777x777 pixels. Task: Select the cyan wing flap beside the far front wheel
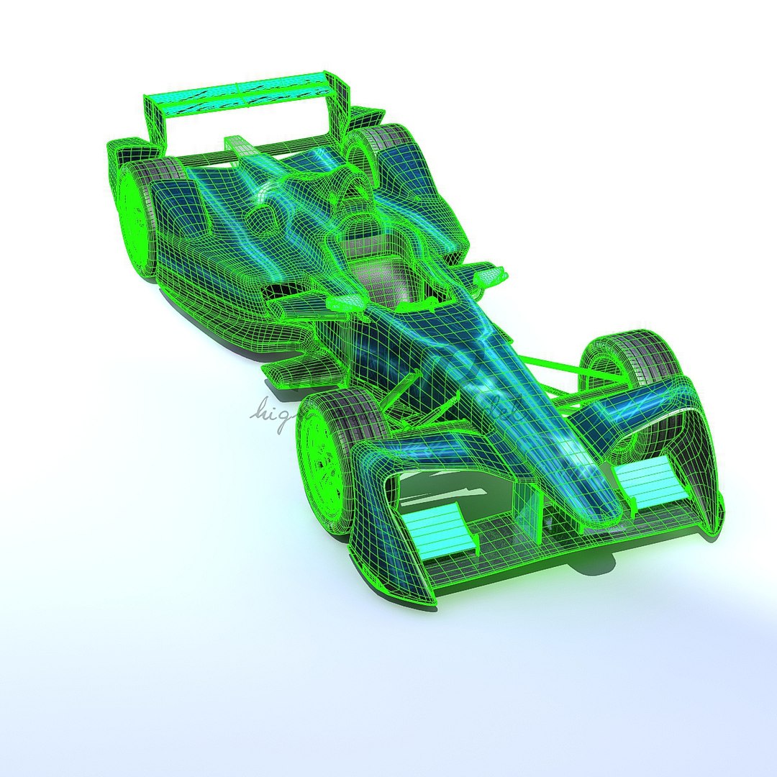651,478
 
